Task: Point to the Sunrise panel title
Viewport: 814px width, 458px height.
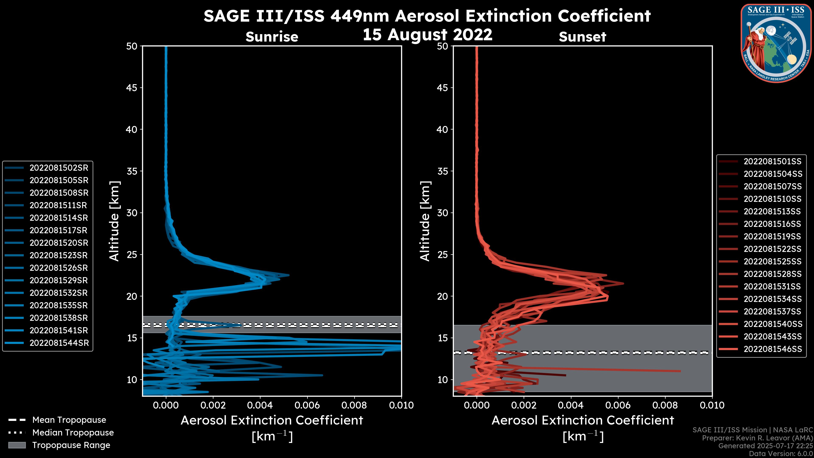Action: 272,37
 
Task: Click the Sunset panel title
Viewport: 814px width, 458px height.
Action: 582,37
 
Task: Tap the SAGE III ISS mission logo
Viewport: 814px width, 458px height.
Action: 776,43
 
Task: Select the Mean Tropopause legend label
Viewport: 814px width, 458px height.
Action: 69,420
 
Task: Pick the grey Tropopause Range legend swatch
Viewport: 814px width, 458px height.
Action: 17,445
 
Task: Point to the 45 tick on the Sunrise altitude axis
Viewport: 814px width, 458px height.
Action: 132,88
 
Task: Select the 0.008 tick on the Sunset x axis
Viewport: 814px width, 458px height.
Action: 665,405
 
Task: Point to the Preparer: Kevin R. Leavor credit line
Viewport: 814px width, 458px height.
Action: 757,438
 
